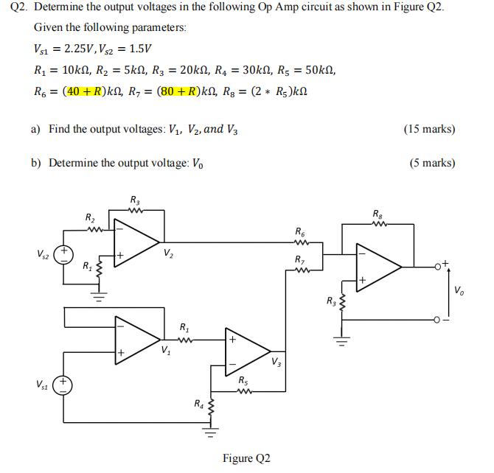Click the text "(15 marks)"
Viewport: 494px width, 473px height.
(429, 129)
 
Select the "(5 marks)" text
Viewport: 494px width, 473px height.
(432, 163)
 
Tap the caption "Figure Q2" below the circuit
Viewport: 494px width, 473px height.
(246, 458)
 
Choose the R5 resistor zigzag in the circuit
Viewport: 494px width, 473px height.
(243, 390)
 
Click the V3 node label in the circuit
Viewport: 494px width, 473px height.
(276, 361)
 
